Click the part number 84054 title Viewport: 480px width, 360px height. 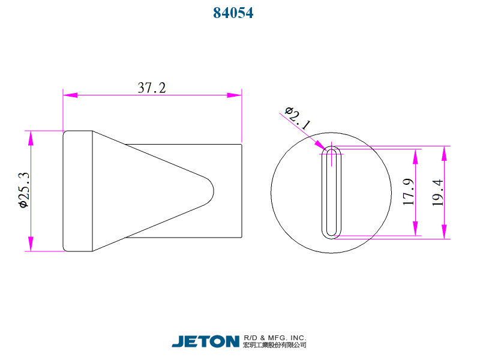coord(233,13)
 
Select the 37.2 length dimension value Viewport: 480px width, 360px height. coord(152,88)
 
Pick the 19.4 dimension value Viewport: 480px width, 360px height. coord(438,193)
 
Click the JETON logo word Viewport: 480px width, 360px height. coord(206,341)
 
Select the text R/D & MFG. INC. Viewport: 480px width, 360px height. coord(275,337)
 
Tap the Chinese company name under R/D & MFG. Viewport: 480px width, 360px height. coord(275,345)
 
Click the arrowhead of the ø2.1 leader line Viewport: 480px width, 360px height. coord(320,145)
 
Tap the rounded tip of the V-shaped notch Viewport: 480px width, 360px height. coord(212,190)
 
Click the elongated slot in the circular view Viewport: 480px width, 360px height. coord(331,191)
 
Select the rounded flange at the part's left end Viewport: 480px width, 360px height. coord(77,191)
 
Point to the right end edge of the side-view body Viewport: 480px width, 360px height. coord(242,191)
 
